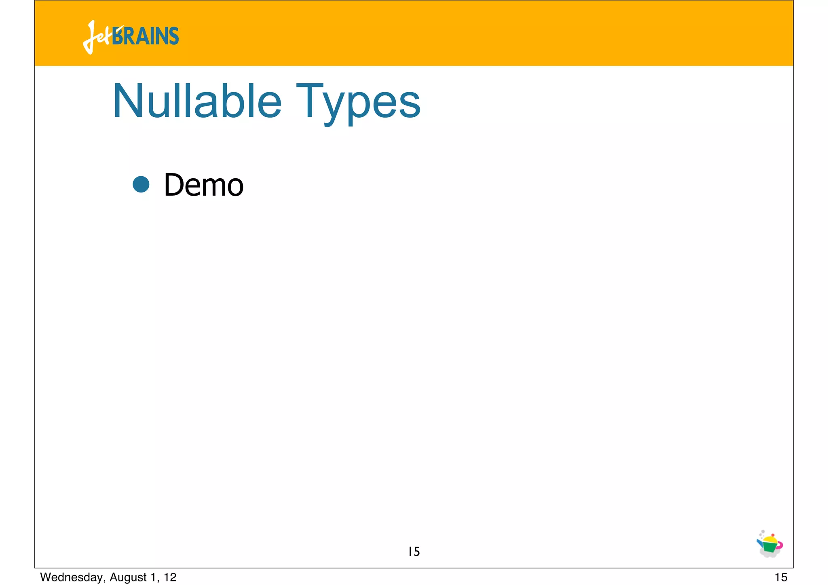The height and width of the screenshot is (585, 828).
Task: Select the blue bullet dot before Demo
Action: pyautogui.click(x=141, y=184)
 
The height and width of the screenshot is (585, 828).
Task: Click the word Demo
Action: pyautogui.click(x=203, y=185)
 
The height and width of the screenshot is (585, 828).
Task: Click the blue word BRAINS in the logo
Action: pyautogui.click(x=146, y=36)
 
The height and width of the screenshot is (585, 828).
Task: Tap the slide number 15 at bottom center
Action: pyautogui.click(x=414, y=551)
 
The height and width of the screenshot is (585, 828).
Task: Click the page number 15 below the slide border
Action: pyautogui.click(x=781, y=577)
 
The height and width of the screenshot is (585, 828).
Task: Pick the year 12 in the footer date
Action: pyautogui.click(x=170, y=577)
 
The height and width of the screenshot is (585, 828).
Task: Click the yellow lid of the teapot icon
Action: pyautogui.click(x=771, y=539)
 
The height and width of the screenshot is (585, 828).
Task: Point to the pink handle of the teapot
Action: pyautogui.click(x=780, y=545)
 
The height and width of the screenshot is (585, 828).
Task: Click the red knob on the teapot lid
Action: pyautogui.click(x=773, y=535)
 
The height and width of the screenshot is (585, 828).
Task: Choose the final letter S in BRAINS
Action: pyautogui.click(x=174, y=36)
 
